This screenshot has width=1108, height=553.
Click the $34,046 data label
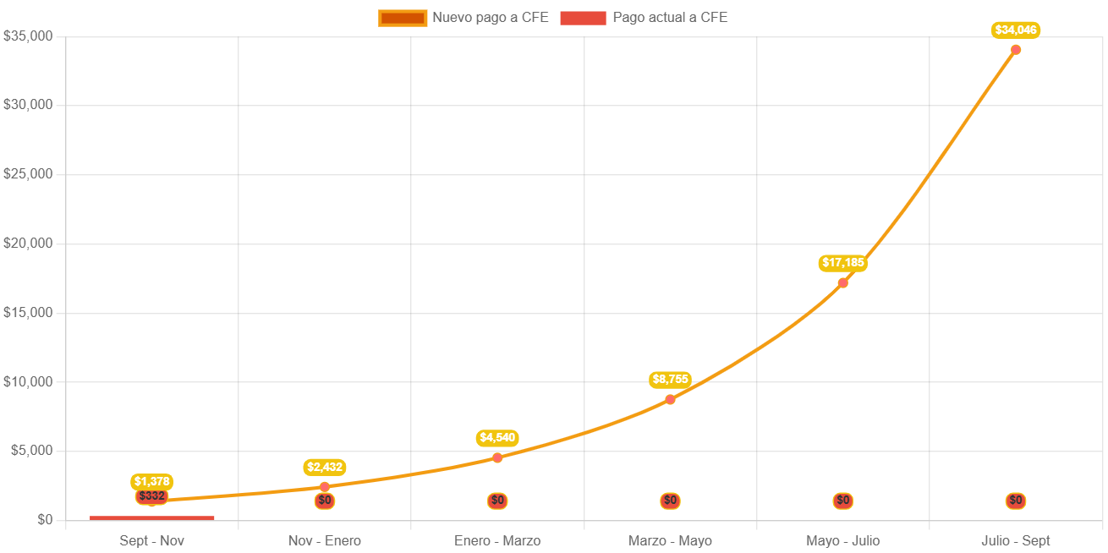(x=1015, y=30)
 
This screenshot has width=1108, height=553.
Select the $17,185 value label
(x=842, y=263)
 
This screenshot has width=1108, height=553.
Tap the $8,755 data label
(x=670, y=380)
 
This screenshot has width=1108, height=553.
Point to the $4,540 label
(x=497, y=438)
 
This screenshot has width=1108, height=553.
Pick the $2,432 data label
(x=325, y=467)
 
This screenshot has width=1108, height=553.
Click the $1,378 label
(x=152, y=482)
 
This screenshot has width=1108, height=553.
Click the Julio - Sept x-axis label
(x=1015, y=540)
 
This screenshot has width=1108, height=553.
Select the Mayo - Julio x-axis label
(x=842, y=540)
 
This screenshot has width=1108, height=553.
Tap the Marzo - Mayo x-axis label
(x=670, y=540)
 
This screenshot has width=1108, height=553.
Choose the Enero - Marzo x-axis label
(x=497, y=540)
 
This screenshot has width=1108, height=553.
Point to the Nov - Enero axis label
(x=325, y=540)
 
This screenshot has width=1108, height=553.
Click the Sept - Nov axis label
(x=152, y=540)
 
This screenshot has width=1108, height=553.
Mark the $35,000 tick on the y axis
(x=28, y=36)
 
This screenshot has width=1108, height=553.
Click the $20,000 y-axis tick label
(x=28, y=244)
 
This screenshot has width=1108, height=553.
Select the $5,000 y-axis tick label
(x=31, y=451)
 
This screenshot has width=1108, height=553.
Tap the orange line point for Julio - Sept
(x=1015, y=50)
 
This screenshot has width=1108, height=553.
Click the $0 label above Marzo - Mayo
(x=670, y=501)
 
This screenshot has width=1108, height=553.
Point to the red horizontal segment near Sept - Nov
(x=152, y=517)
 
